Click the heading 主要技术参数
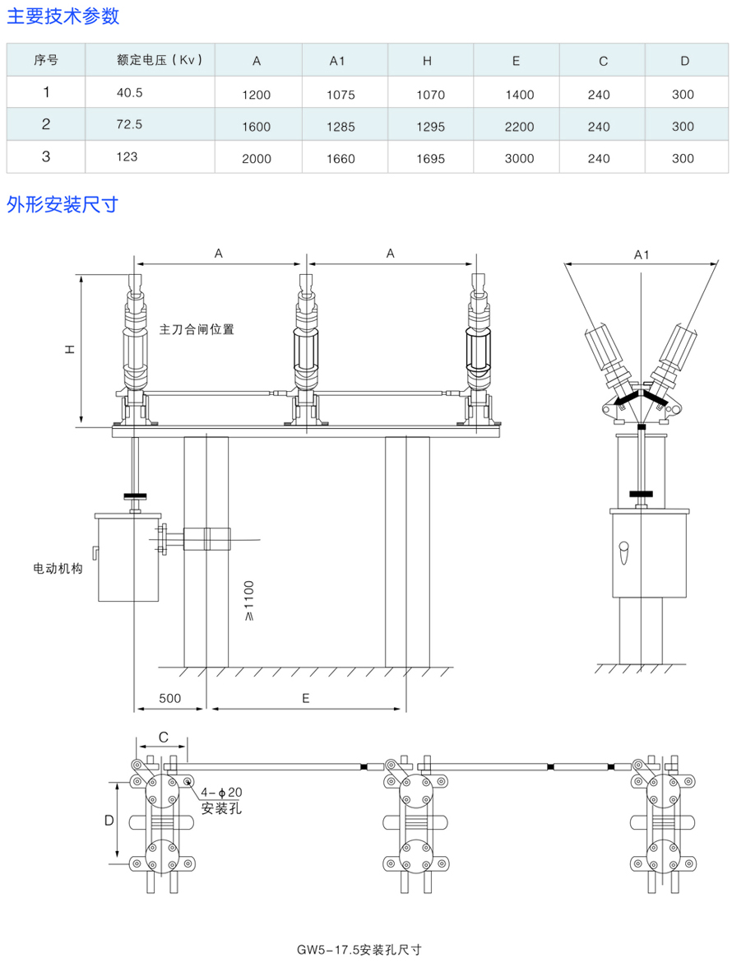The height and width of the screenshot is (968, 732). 63,15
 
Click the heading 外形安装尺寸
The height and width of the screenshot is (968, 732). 63,203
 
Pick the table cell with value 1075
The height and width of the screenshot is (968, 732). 341,95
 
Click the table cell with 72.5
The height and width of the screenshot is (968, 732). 130,125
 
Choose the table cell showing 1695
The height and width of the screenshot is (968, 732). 430,158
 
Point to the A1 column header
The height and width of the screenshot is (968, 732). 337,60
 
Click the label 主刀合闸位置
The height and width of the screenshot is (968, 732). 197,329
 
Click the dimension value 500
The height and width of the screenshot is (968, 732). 169,698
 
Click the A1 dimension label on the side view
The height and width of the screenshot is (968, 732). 642,255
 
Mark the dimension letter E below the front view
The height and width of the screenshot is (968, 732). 305,698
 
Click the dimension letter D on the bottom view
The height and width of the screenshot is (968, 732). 109,821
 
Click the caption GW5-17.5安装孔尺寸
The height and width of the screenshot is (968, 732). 360,949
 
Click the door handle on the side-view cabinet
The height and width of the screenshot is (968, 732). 623,549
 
